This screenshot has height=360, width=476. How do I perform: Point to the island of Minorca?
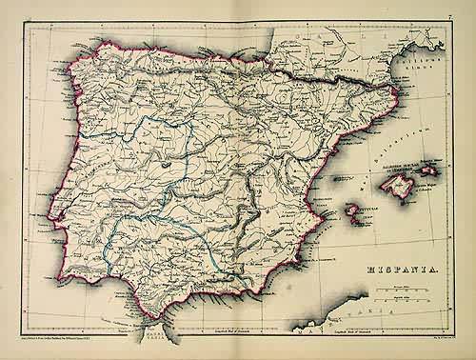tap(430, 170)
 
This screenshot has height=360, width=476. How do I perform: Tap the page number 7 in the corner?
tap(448, 16)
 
